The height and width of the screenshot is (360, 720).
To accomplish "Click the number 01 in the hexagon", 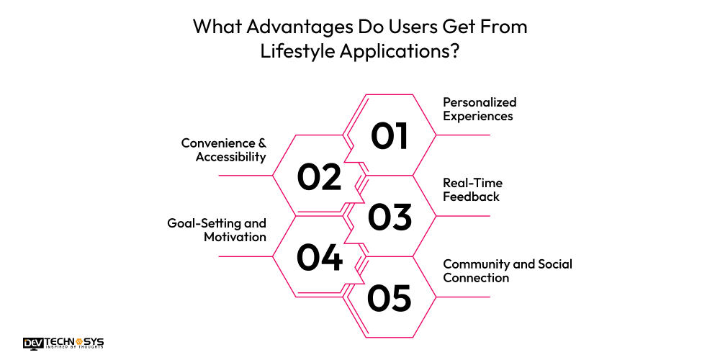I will [x=390, y=135].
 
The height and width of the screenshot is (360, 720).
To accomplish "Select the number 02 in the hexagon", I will [x=319, y=176].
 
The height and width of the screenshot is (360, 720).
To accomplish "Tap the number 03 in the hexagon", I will [x=390, y=217].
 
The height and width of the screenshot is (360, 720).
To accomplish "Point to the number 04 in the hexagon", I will [x=319, y=258].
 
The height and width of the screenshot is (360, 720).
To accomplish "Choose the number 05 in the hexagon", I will [x=390, y=298].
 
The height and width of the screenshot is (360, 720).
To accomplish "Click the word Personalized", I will [x=480, y=102].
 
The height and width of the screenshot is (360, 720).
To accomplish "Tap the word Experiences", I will [x=477, y=116].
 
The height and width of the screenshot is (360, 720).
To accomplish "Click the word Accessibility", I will [x=231, y=157].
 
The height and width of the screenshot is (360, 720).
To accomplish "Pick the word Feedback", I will [x=471, y=197].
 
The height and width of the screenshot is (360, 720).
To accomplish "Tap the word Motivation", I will [x=235, y=237].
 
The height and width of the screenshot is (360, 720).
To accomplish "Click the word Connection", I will [x=476, y=278].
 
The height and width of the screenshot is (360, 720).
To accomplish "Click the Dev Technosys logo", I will [x=64, y=343].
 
